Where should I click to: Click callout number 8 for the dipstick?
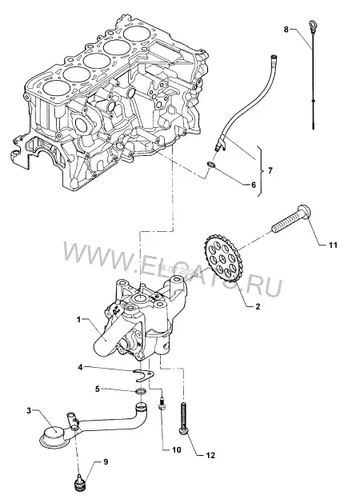286,30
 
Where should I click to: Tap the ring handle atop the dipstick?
312,24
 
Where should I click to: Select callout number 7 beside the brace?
270,170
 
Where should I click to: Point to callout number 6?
253,185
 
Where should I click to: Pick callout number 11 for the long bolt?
333,245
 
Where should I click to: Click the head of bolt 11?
304,213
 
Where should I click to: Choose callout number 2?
258,306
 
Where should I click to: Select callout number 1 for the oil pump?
78,319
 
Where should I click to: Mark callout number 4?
80,367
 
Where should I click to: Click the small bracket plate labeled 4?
143,374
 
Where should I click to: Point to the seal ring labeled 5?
141,391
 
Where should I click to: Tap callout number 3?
29,411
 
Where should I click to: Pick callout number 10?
177,450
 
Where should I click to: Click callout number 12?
210,456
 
